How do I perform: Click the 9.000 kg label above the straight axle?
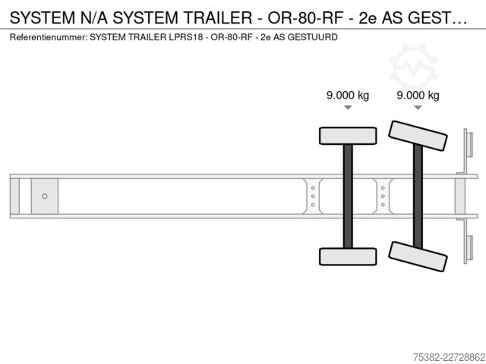coord(348,95)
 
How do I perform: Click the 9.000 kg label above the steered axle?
coord(418,95)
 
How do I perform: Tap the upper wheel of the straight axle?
coord(348,136)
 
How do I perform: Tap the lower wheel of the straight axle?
coord(348,256)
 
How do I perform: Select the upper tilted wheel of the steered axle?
coord(418,136)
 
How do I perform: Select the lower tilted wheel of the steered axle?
coord(418,256)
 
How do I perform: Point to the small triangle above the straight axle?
coord(348,108)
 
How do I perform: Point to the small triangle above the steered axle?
coord(418,108)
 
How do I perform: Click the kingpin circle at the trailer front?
coord(45,196)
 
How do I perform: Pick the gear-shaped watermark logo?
coord(413,68)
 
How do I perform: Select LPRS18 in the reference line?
coord(185,37)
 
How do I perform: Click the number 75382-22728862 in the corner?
coord(449,357)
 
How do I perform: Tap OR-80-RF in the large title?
coord(305,18)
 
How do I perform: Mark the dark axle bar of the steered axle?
coord(418,196)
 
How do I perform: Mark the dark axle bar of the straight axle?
coord(348,196)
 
